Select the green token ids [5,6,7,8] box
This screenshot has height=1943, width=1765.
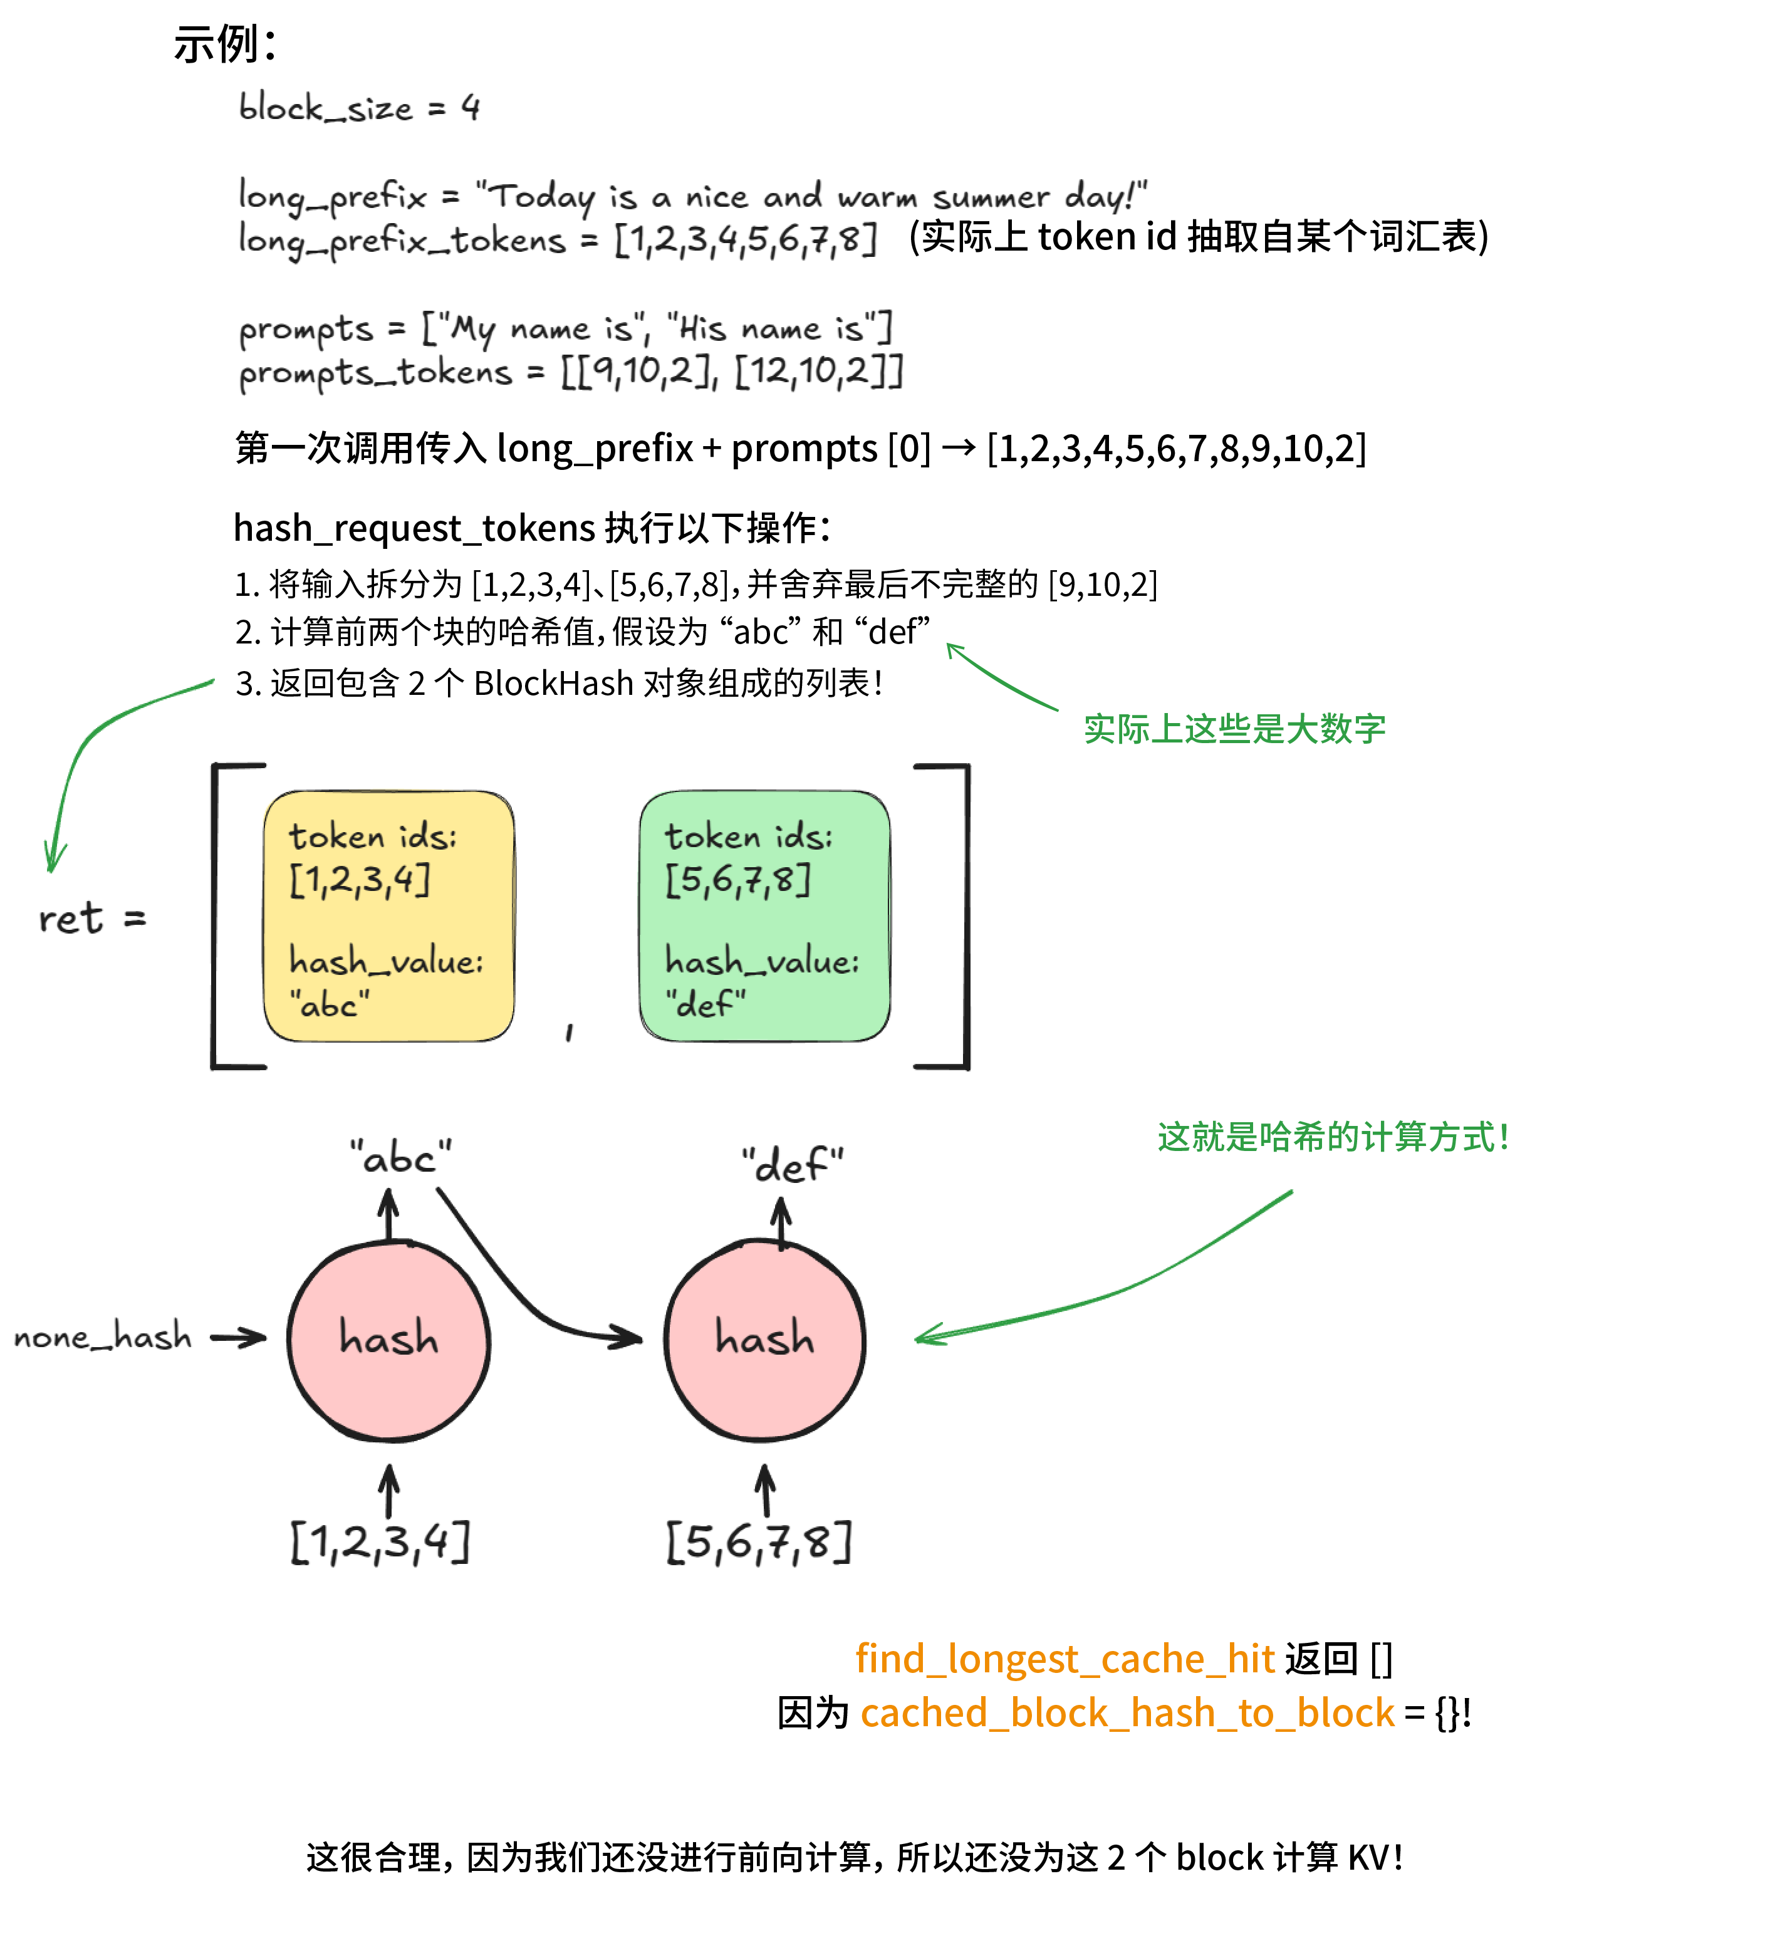coord(764,917)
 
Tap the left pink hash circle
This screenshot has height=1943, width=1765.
coord(390,1341)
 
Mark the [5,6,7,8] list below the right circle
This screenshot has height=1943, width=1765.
coord(759,1541)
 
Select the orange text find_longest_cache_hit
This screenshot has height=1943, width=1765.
coord(1065,1659)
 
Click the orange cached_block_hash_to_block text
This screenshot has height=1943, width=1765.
coord(1127,1712)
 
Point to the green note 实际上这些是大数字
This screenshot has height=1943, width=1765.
coord(1234,729)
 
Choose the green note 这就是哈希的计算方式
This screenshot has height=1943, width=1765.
coord(1332,1137)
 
